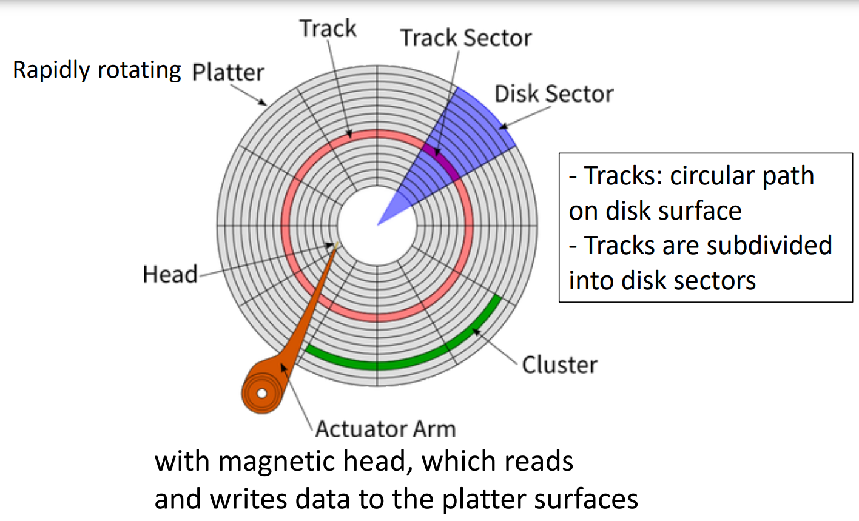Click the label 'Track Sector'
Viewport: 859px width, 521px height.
465,38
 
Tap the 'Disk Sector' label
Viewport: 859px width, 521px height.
553,94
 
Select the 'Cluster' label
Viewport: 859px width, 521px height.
559,365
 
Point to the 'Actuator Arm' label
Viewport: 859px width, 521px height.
385,429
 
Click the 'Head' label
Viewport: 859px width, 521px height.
170,274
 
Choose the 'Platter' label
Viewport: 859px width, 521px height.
228,72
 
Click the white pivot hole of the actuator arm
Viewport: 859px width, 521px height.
261,394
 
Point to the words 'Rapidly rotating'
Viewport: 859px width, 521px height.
97,70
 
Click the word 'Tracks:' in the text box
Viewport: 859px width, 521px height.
623,176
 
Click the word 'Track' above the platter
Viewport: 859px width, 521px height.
328,29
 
